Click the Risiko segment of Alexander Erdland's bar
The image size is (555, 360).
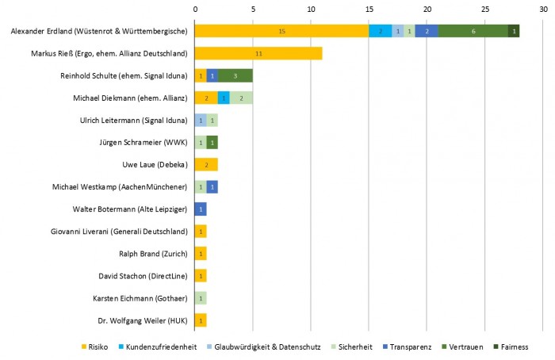[x=281, y=31]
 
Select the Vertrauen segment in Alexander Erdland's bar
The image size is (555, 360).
[x=473, y=31]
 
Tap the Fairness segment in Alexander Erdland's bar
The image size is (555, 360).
[x=514, y=31]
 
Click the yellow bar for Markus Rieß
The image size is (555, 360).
[x=258, y=53]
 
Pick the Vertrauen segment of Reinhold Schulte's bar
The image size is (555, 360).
[x=235, y=75]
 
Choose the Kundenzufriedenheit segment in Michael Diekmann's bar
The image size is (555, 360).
[x=224, y=98]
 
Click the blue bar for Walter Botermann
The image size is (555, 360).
[x=201, y=209]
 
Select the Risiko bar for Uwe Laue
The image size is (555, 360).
[x=206, y=165]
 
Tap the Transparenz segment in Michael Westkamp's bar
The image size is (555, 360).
[x=212, y=187]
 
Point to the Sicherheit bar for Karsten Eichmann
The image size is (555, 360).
[x=201, y=298]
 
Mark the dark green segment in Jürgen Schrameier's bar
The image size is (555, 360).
[x=212, y=143]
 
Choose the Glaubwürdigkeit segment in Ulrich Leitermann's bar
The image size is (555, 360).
[x=201, y=120]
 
